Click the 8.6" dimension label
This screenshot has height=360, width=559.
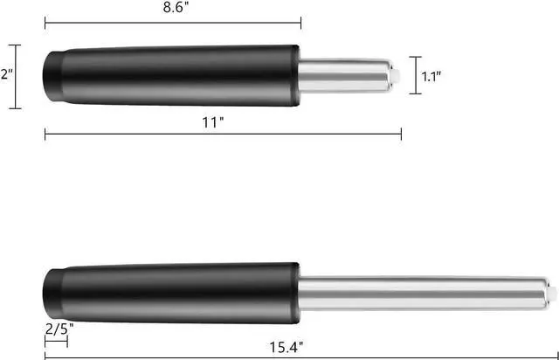tap(176, 8)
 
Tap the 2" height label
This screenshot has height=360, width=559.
tap(7, 74)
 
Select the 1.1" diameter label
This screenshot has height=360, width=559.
tap(431, 76)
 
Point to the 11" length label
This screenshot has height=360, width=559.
tap(213, 122)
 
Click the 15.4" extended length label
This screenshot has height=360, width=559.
tap(286, 347)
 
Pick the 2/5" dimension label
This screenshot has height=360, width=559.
tap(59, 329)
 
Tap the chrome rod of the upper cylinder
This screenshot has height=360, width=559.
tap(345, 76)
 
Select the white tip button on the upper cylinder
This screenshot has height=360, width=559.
tap(396, 75)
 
